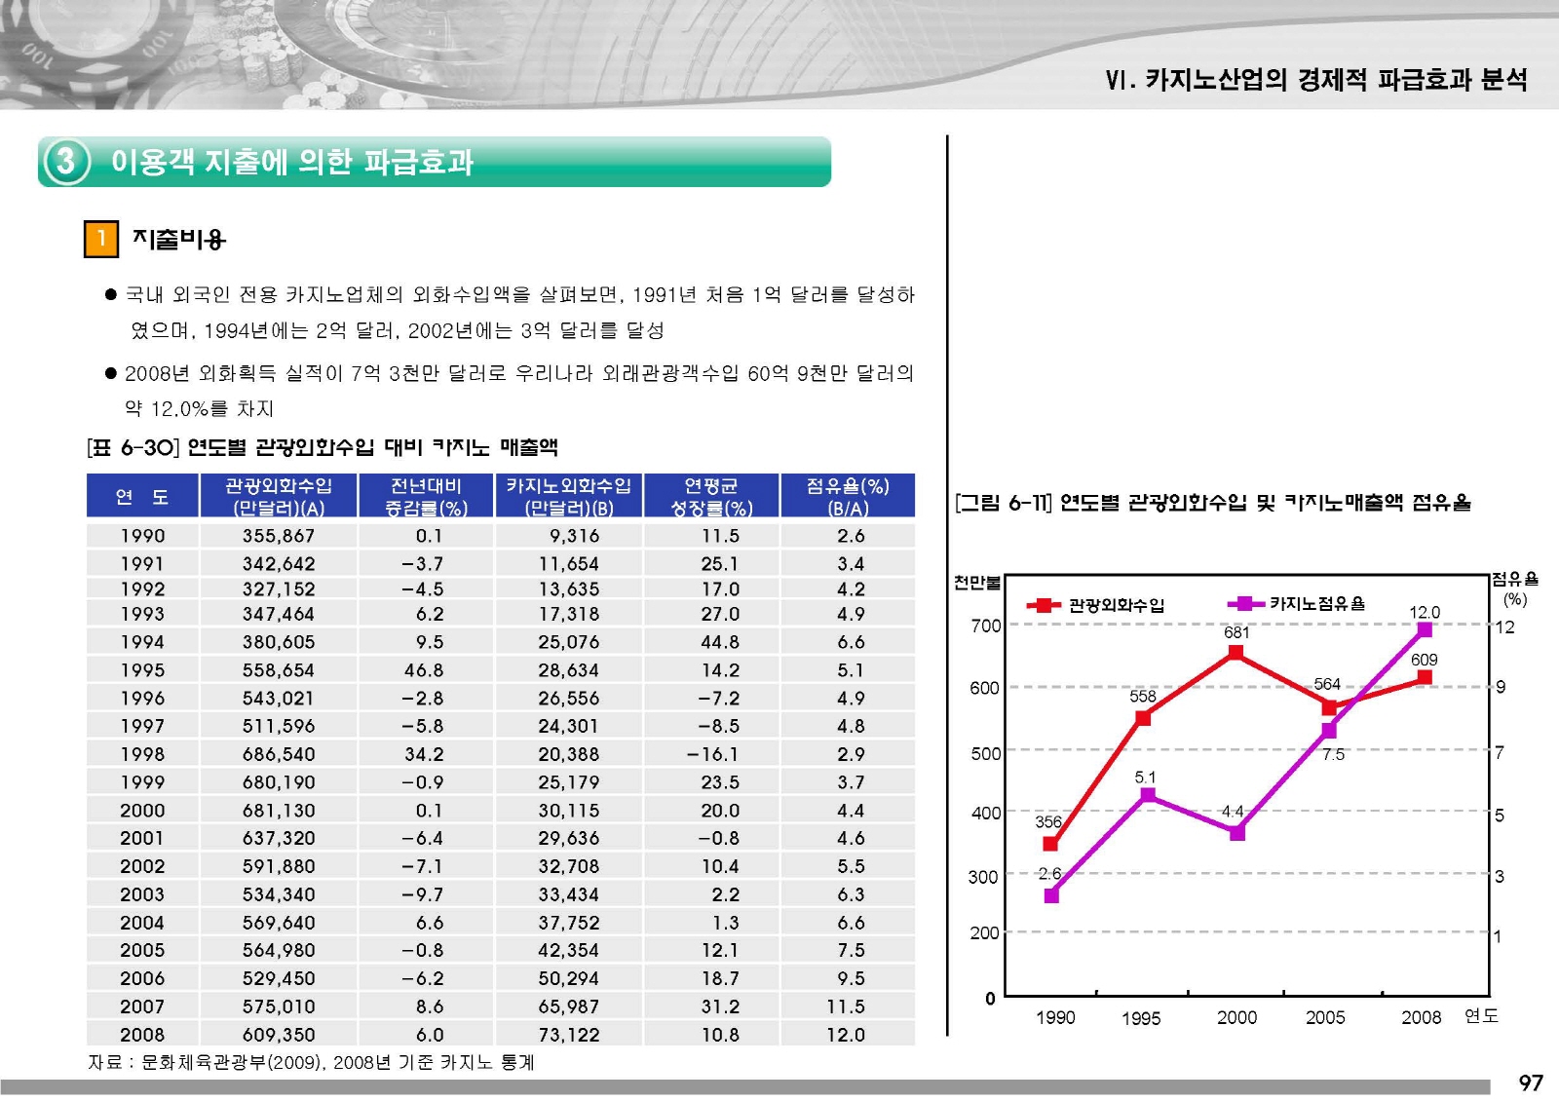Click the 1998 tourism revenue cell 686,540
point(279,754)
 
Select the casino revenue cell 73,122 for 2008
point(569,1035)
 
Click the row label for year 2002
point(142,866)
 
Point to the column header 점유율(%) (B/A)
point(848,496)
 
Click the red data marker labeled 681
point(1236,653)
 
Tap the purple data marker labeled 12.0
point(1425,630)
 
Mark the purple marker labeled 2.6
point(1051,895)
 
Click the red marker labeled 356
point(1050,844)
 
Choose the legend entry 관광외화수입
point(1097,605)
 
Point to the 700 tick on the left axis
point(985,626)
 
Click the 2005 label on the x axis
point(1325,1018)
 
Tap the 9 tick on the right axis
point(1501,687)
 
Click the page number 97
point(1531,1082)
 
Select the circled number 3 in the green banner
point(65,161)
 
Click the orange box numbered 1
point(101,239)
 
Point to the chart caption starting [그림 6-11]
point(1213,503)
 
